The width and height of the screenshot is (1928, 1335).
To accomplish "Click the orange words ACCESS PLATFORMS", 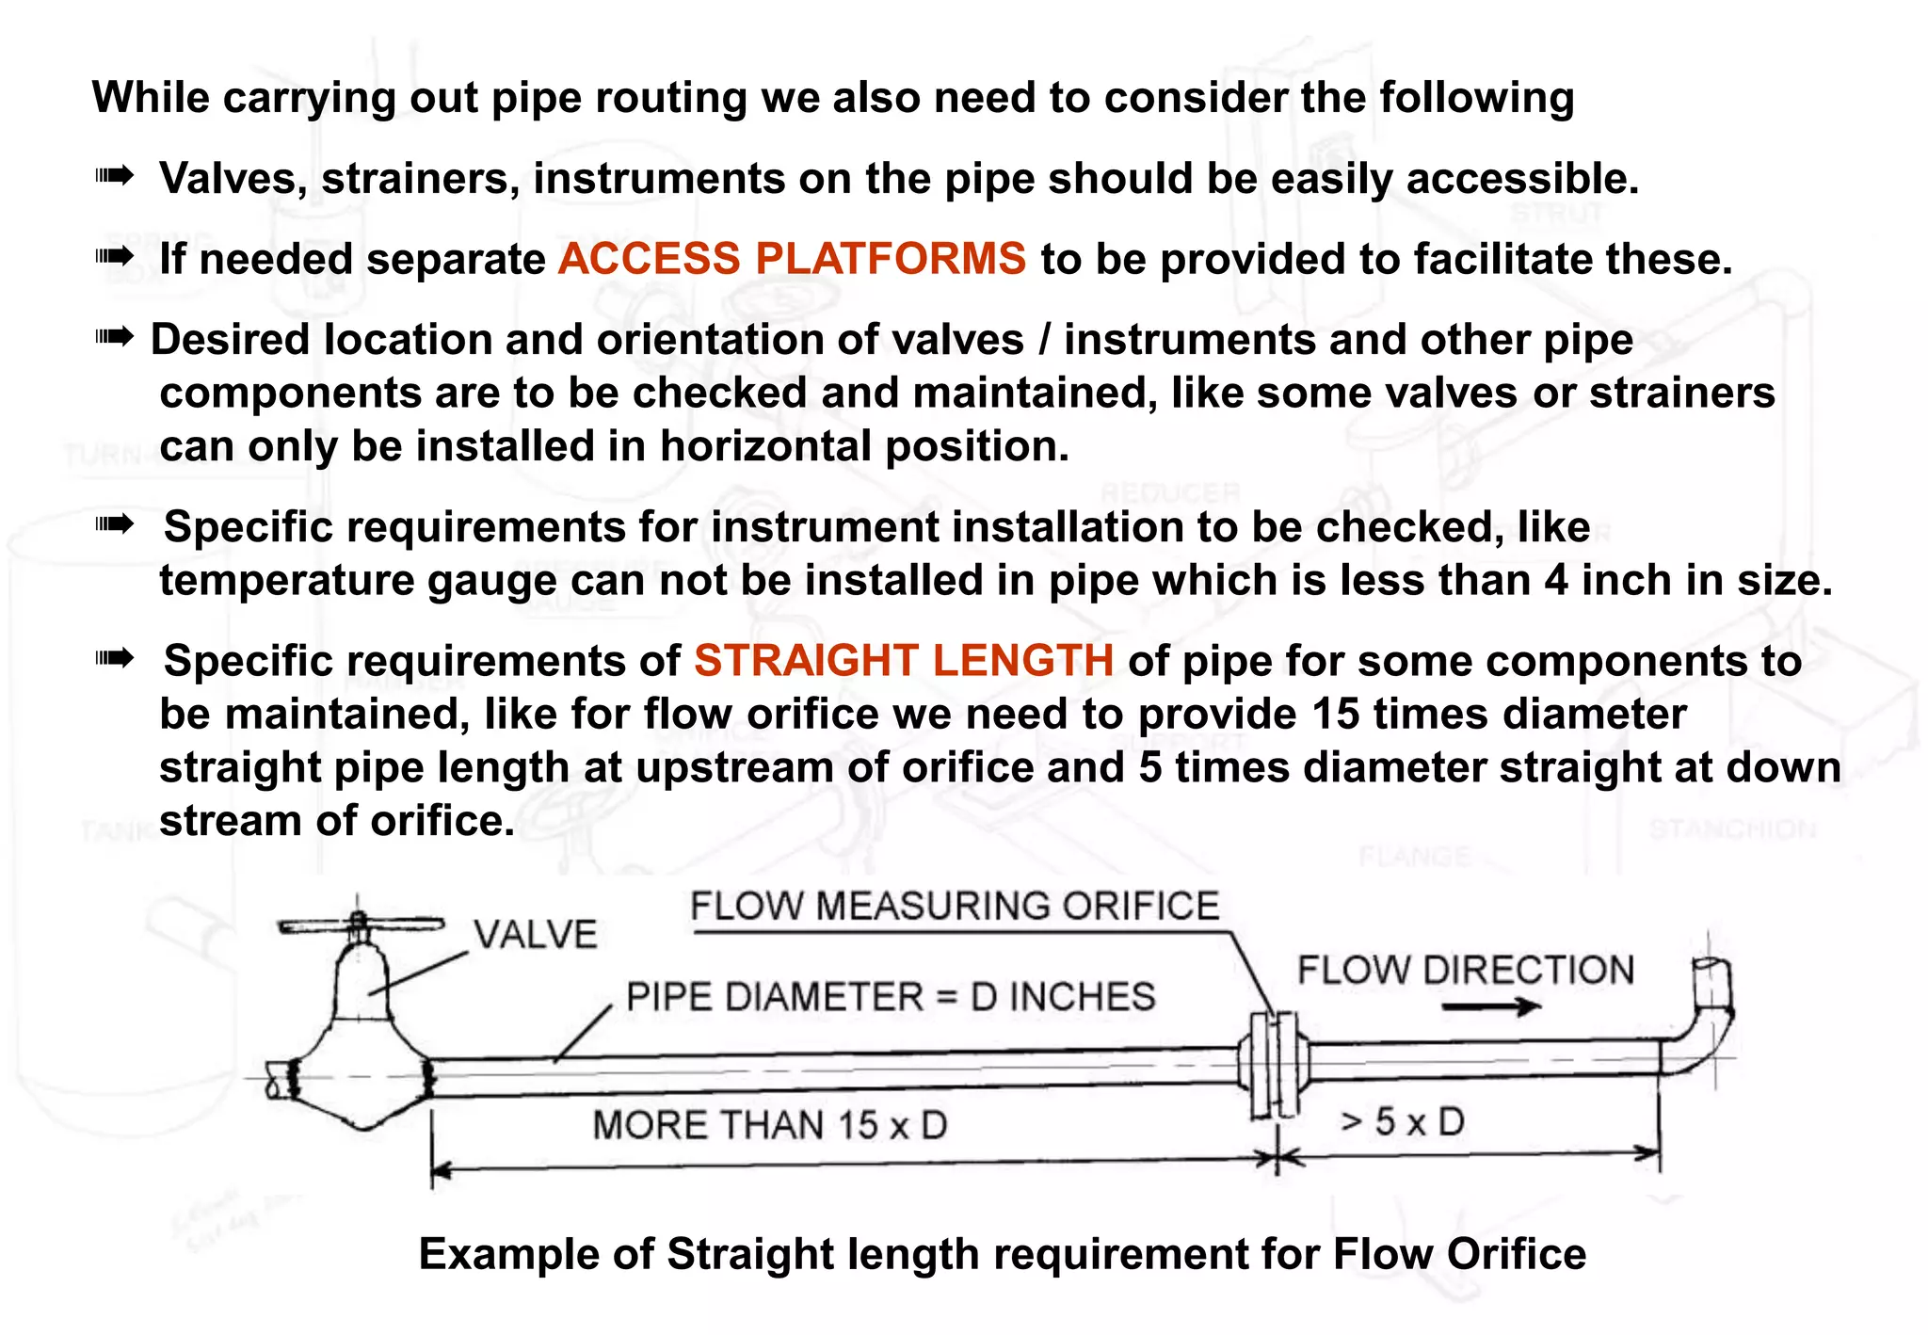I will tap(791, 259).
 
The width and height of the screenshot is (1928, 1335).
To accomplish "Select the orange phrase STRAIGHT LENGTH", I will tap(904, 661).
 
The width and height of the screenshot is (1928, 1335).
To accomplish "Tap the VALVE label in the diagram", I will tap(535, 935).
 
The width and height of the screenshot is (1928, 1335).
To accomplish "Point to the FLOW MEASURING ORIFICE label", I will tap(954, 906).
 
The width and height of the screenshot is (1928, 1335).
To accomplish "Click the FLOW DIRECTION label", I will tap(1465, 971).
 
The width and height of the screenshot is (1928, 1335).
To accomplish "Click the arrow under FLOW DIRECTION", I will tap(1490, 1007).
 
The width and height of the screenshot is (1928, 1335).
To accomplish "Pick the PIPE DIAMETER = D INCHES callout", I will tap(890, 997).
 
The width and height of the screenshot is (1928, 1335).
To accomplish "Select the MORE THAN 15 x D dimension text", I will tap(769, 1125).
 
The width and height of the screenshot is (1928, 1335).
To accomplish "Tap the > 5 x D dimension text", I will tap(1403, 1121).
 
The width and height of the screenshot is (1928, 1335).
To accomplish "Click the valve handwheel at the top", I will tap(361, 925).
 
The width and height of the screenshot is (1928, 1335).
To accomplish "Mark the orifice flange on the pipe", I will tap(1274, 1065).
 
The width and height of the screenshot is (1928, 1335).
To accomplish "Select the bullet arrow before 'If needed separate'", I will tap(115, 256).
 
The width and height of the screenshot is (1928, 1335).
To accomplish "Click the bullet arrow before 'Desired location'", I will tap(115, 336).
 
